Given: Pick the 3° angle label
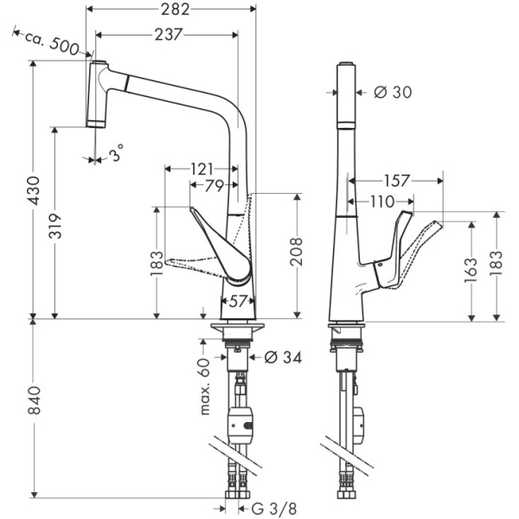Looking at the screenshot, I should (x=114, y=156).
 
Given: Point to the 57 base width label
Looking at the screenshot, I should (x=239, y=302).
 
